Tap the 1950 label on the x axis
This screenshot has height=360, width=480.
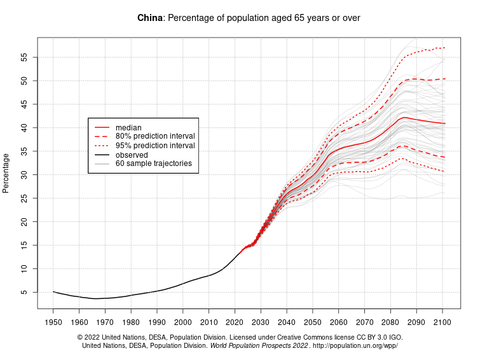click(x=53, y=322)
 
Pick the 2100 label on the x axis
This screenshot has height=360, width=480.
click(x=442, y=322)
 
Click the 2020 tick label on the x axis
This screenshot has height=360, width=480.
click(x=235, y=322)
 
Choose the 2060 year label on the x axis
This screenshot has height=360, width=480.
click(x=339, y=322)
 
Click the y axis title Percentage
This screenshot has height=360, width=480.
click(x=6, y=173)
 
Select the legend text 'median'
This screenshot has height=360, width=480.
click(x=128, y=128)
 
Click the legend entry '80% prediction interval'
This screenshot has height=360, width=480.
click(x=155, y=137)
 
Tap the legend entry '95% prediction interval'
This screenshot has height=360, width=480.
click(x=155, y=146)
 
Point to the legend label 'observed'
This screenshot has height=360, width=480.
click(x=132, y=155)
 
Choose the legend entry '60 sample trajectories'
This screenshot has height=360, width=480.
click(x=153, y=163)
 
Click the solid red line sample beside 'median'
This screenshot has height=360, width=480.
click(x=101, y=128)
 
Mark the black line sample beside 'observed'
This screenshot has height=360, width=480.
click(x=101, y=155)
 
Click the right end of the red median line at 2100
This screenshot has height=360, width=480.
click(x=444, y=123)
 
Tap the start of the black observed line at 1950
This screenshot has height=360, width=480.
click(x=53, y=292)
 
